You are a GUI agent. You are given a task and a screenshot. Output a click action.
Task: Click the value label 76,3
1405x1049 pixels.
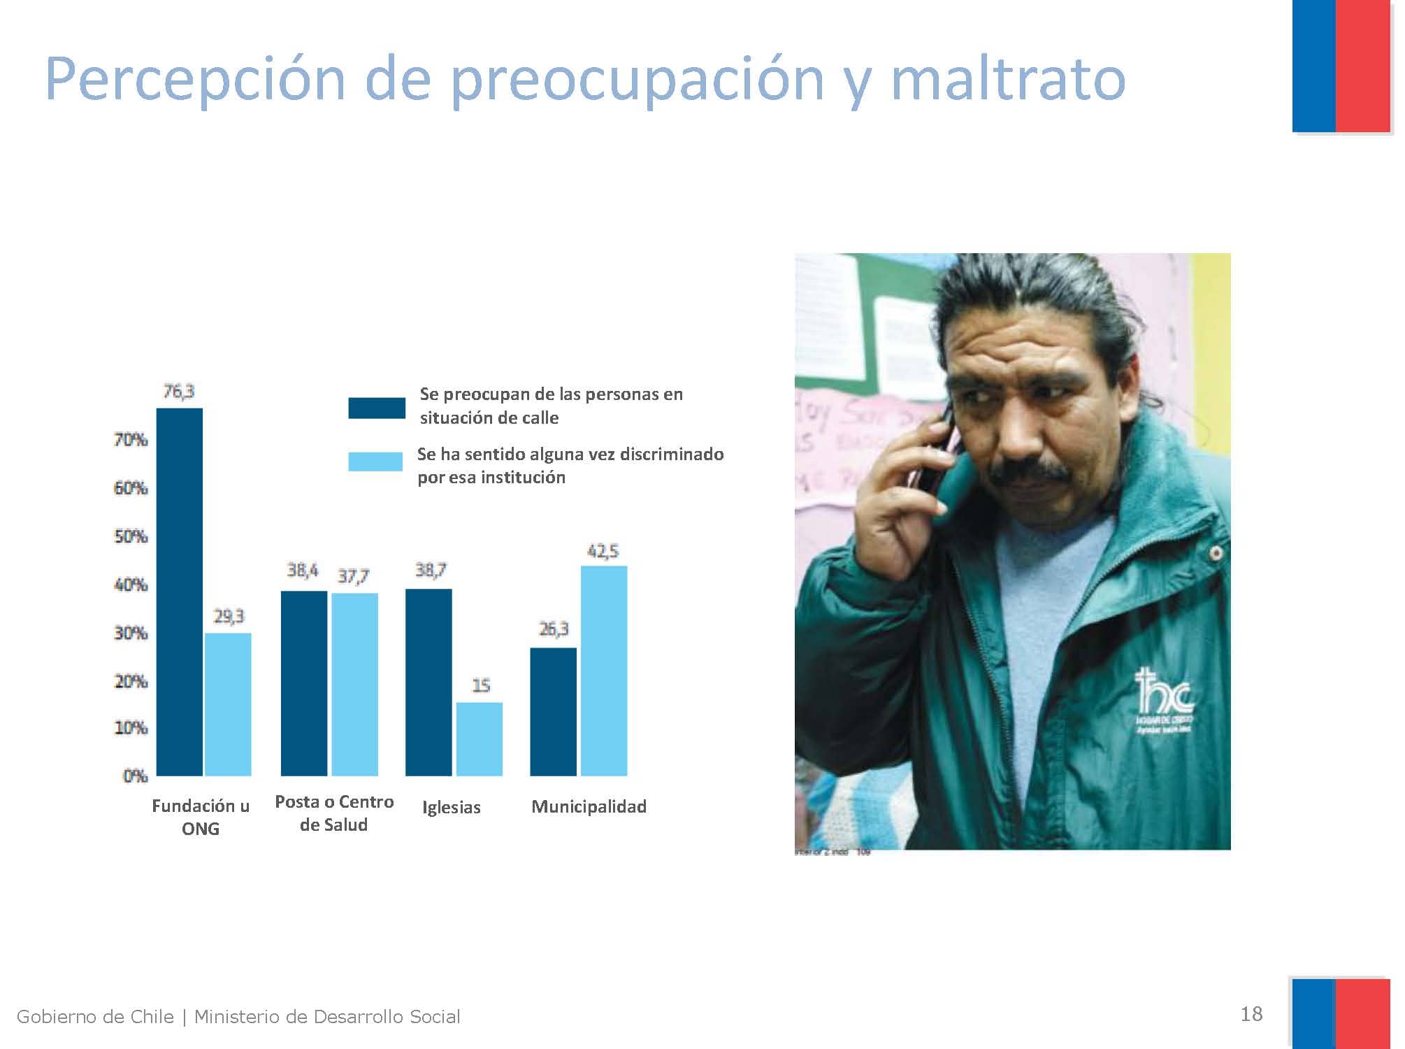coord(179,392)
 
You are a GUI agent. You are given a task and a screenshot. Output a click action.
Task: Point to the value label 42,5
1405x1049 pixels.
coord(603,551)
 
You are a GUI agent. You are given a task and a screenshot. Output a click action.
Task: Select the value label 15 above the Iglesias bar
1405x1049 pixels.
coord(481,685)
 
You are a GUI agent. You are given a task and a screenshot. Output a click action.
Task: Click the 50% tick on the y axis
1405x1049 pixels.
coord(131,536)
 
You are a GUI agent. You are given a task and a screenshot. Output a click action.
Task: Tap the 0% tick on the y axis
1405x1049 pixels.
coord(135,776)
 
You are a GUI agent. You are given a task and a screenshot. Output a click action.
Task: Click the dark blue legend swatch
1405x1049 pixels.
coord(376,408)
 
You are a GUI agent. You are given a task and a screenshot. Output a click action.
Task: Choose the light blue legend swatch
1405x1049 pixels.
coord(375,462)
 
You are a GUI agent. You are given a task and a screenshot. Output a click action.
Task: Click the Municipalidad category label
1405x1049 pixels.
coord(589,806)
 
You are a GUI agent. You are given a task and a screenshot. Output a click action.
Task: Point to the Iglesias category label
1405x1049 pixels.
coord(451,807)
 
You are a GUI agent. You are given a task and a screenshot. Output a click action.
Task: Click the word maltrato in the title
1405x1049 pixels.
coord(1007,78)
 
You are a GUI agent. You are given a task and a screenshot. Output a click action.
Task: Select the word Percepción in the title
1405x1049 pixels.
coord(195,78)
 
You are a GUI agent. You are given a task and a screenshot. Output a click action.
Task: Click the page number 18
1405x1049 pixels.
coord(1251,1013)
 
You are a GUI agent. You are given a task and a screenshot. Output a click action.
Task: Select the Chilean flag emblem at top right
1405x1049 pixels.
coord(1341,66)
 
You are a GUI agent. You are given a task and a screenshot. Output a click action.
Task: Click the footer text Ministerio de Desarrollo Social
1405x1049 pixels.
coord(326,1016)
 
